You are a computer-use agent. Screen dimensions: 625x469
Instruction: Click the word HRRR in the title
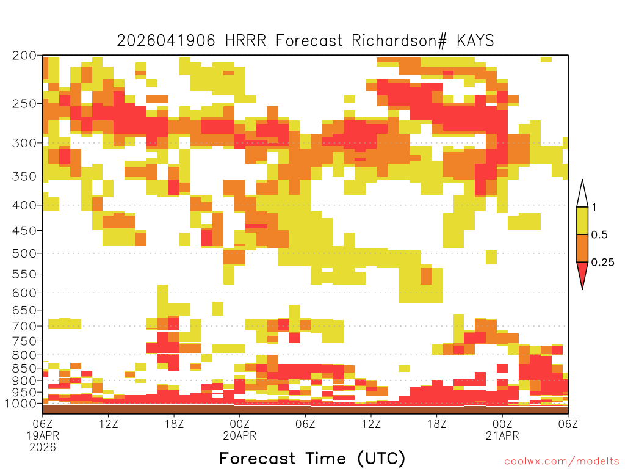click(245, 41)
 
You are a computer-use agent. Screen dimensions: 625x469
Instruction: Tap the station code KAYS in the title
click(475, 41)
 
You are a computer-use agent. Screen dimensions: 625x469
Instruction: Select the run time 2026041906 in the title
click(166, 41)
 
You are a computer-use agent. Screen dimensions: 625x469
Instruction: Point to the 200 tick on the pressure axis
click(24, 56)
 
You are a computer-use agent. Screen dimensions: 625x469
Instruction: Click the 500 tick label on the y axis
click(24, 253)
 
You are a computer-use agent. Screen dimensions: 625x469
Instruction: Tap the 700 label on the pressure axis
click(24, 326)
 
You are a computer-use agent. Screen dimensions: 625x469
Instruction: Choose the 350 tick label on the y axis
click(24, 176)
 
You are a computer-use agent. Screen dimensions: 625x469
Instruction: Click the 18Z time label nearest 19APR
click(174, 424)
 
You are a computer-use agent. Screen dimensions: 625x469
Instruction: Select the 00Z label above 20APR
click(239, 424)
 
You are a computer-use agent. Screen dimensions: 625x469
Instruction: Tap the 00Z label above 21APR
click(502, 424)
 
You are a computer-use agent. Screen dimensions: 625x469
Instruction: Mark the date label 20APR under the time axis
click(239, 435)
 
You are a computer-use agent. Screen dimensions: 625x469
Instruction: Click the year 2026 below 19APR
click(43, 448)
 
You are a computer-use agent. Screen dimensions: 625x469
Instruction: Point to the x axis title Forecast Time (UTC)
click(312, 459)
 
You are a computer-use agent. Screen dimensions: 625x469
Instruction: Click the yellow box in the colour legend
click(582, 220)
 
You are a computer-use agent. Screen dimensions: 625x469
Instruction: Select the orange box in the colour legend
click(582, 248)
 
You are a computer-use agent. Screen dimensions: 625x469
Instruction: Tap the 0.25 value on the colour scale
click(602, 262)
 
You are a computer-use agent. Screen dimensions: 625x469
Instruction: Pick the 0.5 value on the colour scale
click(599, 234)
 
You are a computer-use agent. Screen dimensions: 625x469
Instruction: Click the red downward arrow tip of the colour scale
click(582, 289)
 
